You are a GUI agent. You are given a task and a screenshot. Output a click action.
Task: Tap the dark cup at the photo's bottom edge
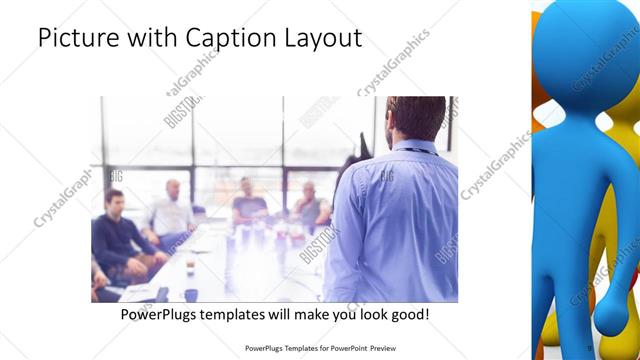pos(161,295)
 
